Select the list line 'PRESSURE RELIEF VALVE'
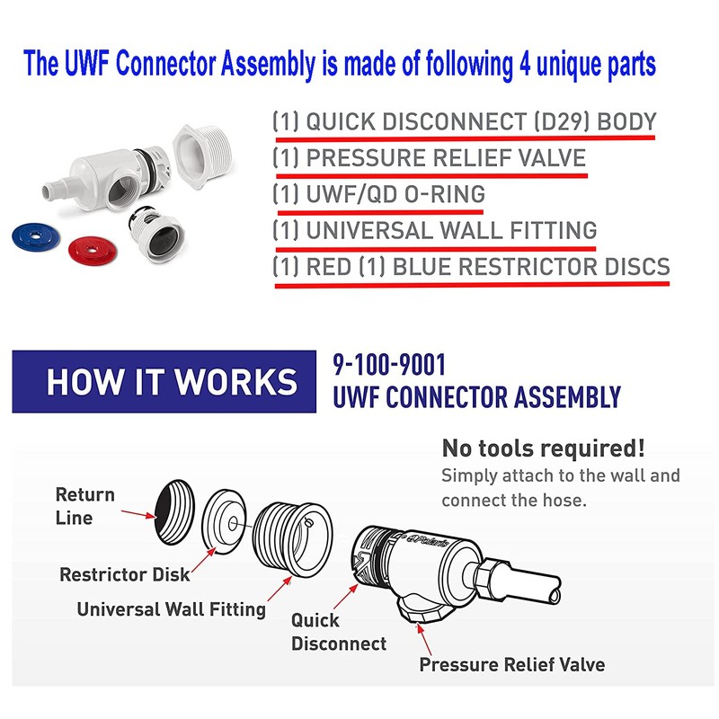pyautogui.click(x=430, y=159)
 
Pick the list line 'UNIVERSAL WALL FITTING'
pyautogui.click(x=435, y=230)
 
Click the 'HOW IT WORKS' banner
pyautogui.click(x=172, y=382)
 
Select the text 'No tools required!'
pyautogui.click(x=543, y=448)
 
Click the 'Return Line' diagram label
pyautogui.click(x=84, y=505)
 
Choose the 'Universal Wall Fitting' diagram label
pyautogui.click(x=171, y=608)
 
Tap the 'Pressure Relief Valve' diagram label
pyautogui.click(x=511, y=665)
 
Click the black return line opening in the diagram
pyautogui.click(x=172, y=510)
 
